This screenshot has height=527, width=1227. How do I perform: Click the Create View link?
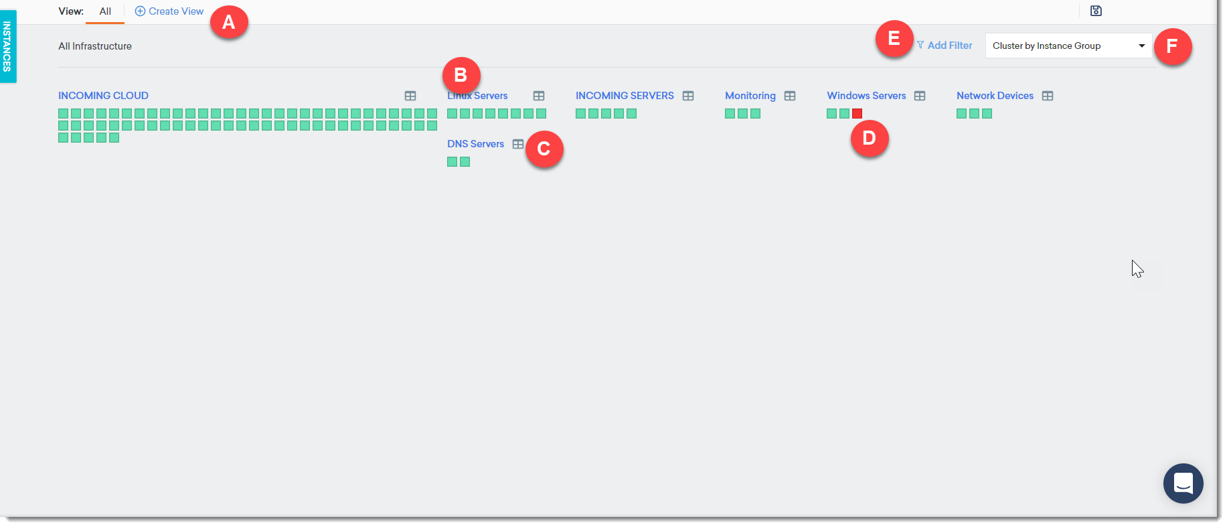pyautogui.click(x=169, y=11)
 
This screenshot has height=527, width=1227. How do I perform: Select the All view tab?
pyautogui.click(x=105, y=11)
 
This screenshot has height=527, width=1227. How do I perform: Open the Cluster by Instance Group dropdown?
pyautogui.click(x=1068, y=46)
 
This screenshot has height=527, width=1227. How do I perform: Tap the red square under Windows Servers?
pyautogui.click(x=857, y=114)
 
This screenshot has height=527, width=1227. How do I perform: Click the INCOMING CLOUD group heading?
pyautogui.click(x=103, y=96)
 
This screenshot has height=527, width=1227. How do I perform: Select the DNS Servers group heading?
pyautogui.click(x=475, y=144)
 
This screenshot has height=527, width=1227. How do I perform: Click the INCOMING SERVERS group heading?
pyautogui.click(x=625, y=96)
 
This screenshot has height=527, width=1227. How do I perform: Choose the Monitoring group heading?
pyautogui.click(x=750, y=96)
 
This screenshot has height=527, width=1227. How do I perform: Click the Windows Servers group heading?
pyautogui.click(x=866, y=96)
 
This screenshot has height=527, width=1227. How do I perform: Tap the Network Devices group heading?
pyautogui.click(x=995, y=96)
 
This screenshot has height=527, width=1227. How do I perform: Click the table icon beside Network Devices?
pyautogui.click(x=1048, y=96)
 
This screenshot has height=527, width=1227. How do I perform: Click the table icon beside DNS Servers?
pyautogui.click(x=518, y=144)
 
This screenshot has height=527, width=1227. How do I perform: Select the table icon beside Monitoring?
pyautogui.click(x=790, y=96)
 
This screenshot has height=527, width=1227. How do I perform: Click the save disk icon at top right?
pyautogui.click(x=1096, y=11)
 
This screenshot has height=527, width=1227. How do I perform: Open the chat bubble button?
pyautogui.click(x=1183, y=483)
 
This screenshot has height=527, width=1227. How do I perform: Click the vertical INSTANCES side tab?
pyautogui.click(x=7, y=46)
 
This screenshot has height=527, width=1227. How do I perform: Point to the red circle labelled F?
pyautogui.click(x=1172, y=46)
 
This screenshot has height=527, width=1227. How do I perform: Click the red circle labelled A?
pyautogui.click(x=229, y=22)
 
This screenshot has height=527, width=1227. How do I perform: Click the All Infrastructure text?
pyautogui.click(x=95, y=46)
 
